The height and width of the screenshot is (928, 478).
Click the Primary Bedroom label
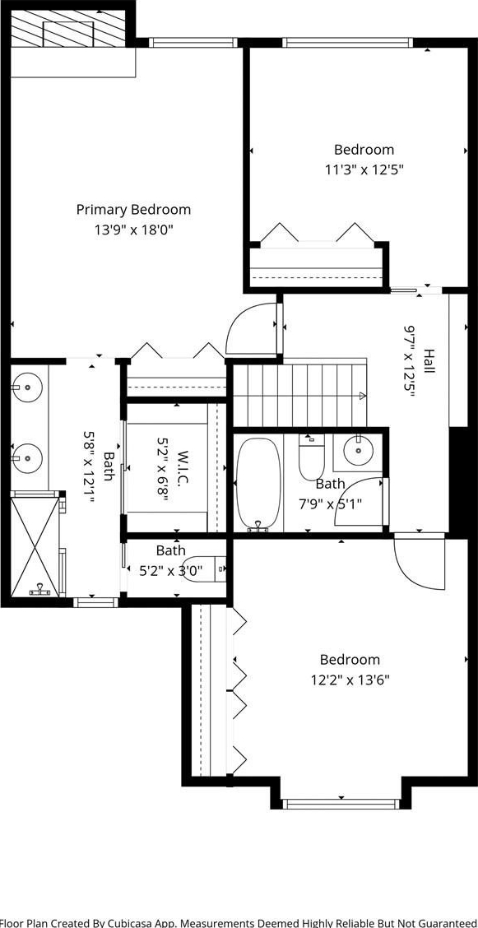point(134,210)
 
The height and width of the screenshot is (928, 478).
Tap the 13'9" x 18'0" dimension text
point(134,230)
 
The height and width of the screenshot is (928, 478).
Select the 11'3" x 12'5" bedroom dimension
point(364,169)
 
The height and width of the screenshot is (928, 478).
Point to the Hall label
point(429,361)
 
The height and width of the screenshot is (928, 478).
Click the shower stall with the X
point(35,545)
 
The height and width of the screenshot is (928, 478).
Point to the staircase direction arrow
point(361,396)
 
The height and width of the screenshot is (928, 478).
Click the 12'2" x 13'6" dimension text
point(350,680)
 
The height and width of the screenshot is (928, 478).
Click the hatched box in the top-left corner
point(68,29)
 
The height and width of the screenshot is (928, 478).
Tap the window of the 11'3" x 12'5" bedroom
point(346,43)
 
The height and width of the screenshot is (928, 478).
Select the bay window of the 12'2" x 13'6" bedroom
point(340,804)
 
